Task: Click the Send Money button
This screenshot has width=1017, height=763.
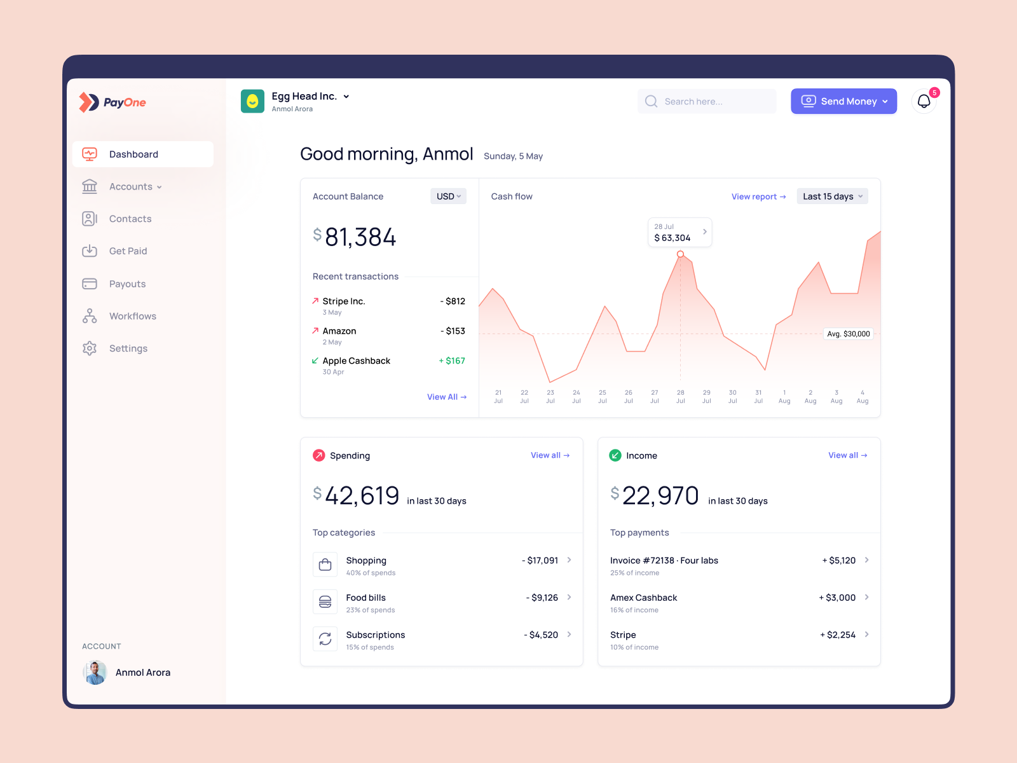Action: [843, 101]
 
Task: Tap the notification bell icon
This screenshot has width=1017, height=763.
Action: [924, 101]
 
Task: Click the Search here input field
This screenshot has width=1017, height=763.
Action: [707, 101]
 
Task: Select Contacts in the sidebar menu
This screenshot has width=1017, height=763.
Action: [130, 219]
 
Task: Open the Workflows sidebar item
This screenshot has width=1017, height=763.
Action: [132, 316]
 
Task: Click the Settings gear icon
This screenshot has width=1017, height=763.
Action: [90, 348]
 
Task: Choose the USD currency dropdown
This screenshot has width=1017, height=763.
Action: [448, 196]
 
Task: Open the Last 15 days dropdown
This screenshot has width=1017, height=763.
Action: [832, 196]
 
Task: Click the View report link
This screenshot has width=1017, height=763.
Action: [758, 196]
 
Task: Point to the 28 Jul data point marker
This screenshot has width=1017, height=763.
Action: [680, 254]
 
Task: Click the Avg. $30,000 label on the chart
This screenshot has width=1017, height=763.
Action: [848, 334]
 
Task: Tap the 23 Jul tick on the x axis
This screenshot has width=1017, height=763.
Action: [550, 397]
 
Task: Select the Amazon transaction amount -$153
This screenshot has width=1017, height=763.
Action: [453, 331]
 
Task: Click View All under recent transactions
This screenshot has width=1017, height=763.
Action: [446, 397]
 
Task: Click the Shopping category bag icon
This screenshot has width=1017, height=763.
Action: [325, 565]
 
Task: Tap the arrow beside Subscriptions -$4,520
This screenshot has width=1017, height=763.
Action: [569, 635]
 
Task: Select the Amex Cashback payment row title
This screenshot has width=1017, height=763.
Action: [643, 598]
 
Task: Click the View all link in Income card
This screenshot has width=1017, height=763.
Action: [847, 455]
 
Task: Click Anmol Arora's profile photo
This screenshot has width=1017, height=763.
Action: [95, 673]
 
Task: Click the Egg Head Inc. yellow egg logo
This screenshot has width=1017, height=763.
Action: [252, 101]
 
